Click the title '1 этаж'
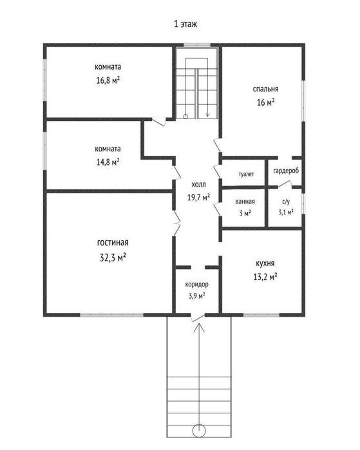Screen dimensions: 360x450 click(185, 24)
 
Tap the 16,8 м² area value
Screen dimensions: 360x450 click(108, 80)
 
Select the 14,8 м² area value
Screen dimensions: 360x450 click(108, 162)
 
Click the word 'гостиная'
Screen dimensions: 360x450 click(113, 243)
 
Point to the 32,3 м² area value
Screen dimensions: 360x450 click(113, 258)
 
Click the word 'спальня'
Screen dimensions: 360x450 click(265, 89)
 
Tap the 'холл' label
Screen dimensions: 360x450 click(198, 185)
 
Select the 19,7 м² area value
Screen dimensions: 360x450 click(198, 197)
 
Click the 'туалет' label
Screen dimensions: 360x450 click(246, 174)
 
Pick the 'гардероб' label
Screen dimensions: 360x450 click(286, 171)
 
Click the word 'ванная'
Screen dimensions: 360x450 click(245, 202)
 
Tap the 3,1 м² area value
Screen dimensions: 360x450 click(286, 212)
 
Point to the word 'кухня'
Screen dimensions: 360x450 click(265, 263)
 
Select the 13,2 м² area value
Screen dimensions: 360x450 click(265, 277)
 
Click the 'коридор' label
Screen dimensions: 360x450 click(196, 285)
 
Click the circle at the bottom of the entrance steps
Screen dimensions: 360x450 click(199, 431)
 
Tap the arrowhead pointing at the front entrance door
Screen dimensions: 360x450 click(199, 327)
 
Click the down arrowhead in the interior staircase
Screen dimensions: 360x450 click(207, 115)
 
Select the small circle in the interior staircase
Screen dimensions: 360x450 click(185, 117)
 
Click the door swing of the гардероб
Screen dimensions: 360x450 click(285, 184)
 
